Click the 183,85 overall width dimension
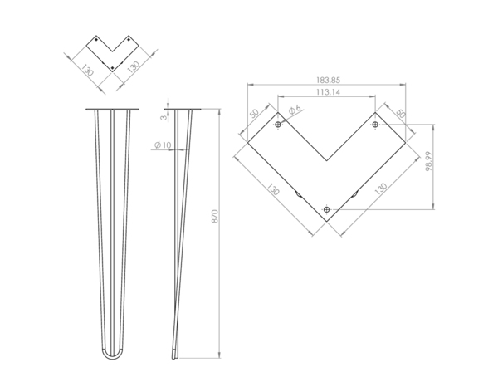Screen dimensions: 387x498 [x=326, y=80]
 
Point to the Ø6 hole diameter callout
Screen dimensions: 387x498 [x=294, y=111]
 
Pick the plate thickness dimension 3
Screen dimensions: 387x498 [x=164, y=118]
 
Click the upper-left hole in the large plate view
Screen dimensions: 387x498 [x=278, y=125]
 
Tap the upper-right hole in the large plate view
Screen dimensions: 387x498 [x=375, y=125]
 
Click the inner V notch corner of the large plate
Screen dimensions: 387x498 [x=326, y=160]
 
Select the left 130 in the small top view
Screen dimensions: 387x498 [x=86, y=70]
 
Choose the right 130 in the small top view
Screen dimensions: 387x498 [x=131, y=69]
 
